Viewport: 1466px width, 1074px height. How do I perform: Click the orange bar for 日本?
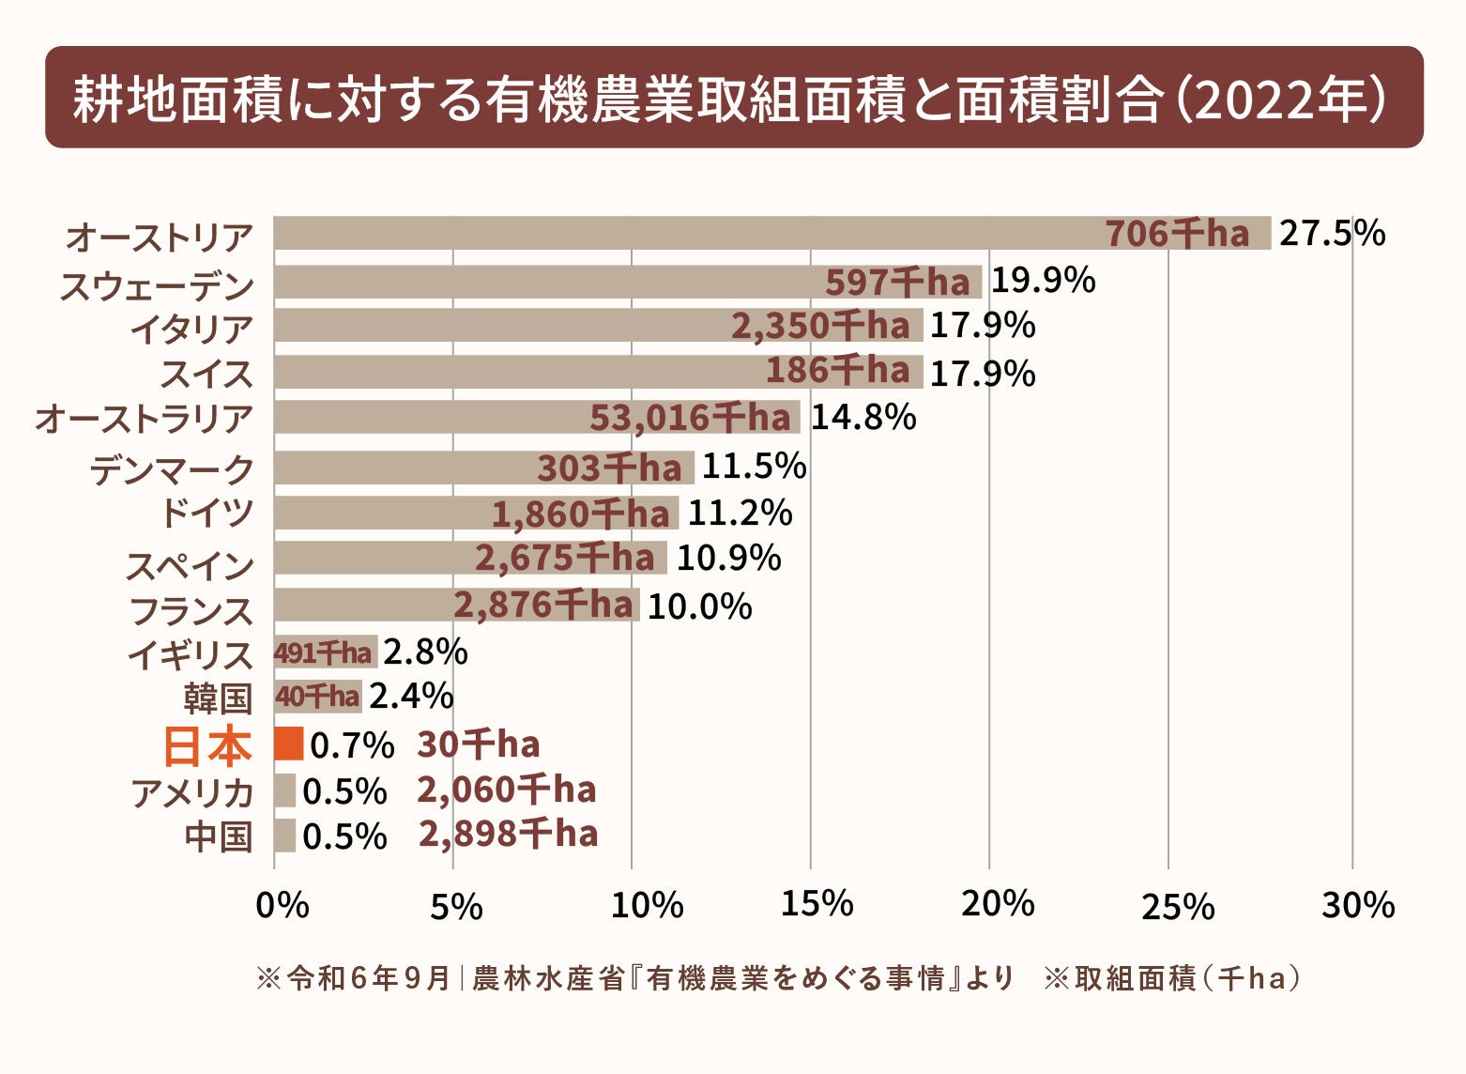click(288, 744)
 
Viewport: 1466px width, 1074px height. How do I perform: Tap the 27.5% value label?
click(1332, 233)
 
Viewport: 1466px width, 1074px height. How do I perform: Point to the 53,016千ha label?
click(690, 418)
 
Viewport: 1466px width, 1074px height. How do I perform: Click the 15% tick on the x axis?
click(817, 904)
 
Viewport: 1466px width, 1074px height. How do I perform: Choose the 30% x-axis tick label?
click(1357, 904)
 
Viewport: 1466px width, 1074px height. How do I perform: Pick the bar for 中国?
click(284, 836)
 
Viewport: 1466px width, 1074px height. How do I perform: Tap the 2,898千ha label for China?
click(508, 834)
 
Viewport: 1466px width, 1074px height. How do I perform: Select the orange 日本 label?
click(207, 747)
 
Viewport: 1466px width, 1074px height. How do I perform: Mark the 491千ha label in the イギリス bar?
click(323, 652)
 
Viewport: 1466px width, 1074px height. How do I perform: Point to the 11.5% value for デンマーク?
click(754, 467)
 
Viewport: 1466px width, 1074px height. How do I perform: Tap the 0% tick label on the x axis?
click(282, 905)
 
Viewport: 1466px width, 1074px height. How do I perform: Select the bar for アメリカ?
click(284, 790)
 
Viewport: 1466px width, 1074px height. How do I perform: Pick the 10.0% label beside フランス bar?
click(699, 606)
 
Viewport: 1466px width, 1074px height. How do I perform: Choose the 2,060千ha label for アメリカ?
click(507, 790)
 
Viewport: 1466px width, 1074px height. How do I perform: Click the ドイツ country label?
click(206, 514)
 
